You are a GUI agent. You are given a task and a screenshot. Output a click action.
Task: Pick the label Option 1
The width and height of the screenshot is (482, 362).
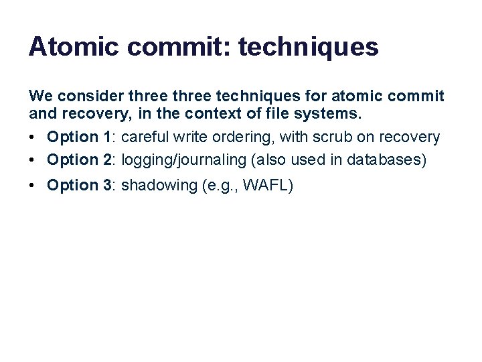(x=79, y=137)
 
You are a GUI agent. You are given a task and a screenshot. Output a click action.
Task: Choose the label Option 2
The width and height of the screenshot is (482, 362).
(x=79, y=160)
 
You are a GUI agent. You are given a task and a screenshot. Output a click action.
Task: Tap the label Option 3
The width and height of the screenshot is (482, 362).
(x=79, y=186)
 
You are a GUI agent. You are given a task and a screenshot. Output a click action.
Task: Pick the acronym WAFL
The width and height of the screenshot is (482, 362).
(x=266, y=186)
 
